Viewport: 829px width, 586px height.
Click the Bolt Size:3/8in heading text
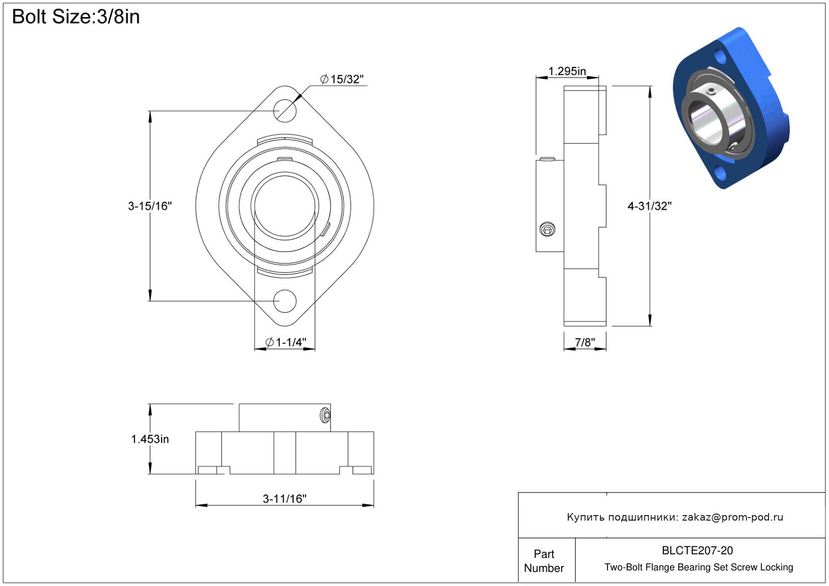76,17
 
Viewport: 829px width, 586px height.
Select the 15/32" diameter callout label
342,79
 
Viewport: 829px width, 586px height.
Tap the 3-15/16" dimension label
150,206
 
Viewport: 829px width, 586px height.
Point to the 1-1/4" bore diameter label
286,342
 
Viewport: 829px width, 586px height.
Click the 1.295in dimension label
567,71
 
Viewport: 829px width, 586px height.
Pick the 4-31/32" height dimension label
649,206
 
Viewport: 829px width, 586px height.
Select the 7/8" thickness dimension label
585,342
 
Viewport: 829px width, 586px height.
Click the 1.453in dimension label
150,439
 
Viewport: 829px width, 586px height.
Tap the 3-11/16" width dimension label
284,498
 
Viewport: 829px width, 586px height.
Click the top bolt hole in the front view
284,111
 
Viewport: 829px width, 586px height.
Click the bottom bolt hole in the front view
284,301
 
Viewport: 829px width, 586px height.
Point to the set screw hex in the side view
547,229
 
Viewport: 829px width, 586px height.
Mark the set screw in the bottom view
325,415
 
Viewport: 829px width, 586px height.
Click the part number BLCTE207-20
697,550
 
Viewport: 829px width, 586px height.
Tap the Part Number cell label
544,561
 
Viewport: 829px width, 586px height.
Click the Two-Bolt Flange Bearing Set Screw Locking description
699,567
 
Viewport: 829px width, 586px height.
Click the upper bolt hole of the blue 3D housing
720,57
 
